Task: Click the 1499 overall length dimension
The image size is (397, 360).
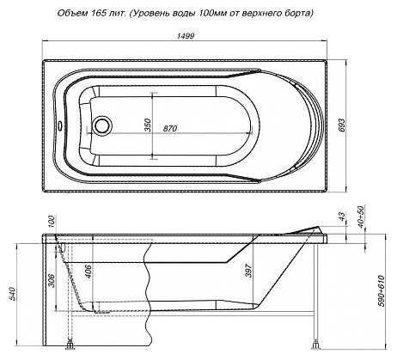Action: pos(186,36)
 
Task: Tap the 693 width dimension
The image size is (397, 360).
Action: pos(342,125)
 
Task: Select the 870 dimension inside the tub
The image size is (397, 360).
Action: pos(170,129)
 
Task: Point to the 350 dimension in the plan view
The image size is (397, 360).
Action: pos(148,125)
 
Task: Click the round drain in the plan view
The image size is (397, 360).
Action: pos(101,125)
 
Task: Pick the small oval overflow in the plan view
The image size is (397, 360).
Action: pos(60,125)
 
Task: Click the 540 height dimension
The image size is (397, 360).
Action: pos(12,293)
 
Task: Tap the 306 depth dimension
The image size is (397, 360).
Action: pos(52,281)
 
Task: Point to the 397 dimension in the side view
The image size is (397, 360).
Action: pos(248,270)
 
